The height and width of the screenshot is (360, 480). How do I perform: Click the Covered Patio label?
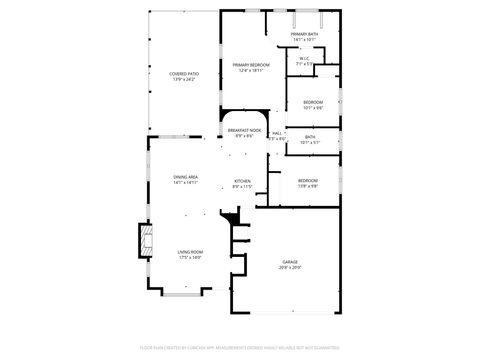183,74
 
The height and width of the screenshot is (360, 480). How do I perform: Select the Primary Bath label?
305,35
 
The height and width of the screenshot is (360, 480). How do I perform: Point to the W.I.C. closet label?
305,58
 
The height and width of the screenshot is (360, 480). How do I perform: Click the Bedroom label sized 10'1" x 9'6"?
313,102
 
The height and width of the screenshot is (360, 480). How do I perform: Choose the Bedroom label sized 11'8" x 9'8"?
307,180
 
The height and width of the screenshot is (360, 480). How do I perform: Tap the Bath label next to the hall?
310,137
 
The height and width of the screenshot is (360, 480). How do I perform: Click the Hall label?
277,133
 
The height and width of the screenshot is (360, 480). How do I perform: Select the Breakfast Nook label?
245,131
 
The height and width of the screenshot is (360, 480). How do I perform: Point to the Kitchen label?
242,181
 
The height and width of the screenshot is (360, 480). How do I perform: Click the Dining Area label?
185,177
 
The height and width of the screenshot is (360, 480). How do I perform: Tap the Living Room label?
190,252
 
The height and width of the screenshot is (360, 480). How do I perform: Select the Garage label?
289,262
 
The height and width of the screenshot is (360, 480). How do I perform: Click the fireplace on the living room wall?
147,241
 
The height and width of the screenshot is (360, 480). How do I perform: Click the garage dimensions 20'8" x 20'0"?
289,268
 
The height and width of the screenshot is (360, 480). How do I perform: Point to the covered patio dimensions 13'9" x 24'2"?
183,80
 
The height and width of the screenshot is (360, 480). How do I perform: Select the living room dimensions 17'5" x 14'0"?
190,258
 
